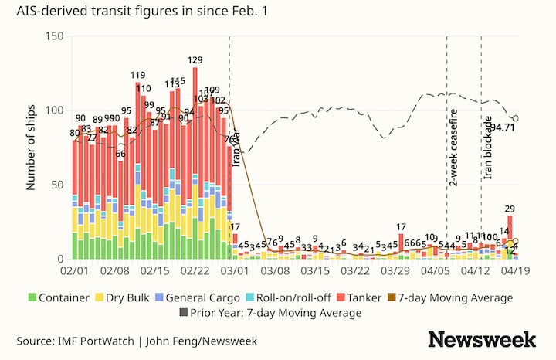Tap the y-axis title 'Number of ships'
point(32,148)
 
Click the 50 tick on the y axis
point(56,185)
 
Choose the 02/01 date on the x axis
point(74,272)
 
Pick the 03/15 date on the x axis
point(315,272)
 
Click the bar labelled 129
point(195,155)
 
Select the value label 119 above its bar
point(137,75)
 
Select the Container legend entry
point(61,297)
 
